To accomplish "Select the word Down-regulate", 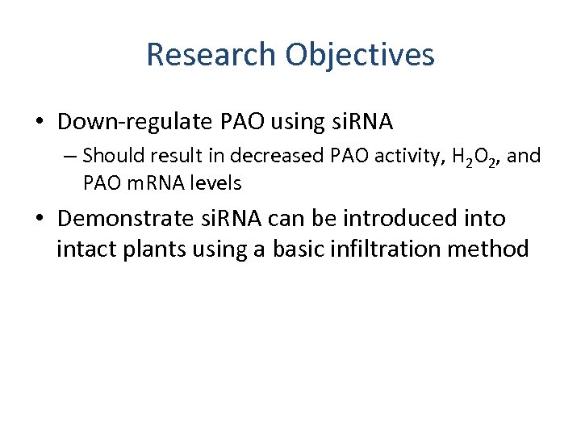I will point(136,122).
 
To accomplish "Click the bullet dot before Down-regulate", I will point(40,123).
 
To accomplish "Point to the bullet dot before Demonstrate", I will point(40,220).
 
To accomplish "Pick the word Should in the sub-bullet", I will point(110,154).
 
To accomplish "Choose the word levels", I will point(215,183).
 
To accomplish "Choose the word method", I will point(492,249).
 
